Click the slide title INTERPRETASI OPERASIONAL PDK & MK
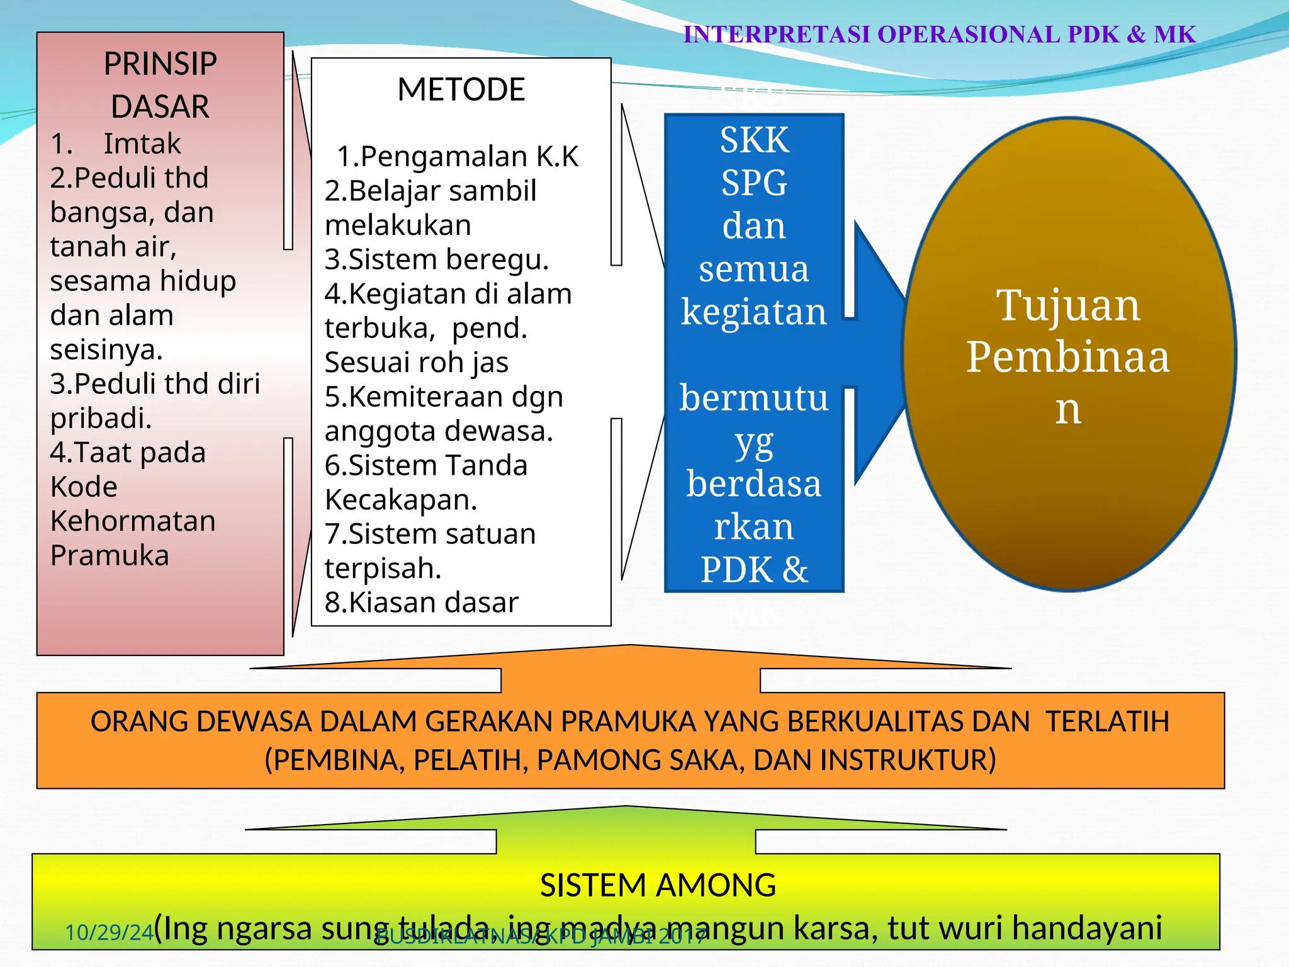click(x=939, y=35)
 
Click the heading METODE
click(x=461, y=89)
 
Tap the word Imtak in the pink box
click(x=142, y=144)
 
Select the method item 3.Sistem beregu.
click(x=437, y=259)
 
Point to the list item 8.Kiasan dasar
click(x=421, y=602)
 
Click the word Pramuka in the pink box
click(x=110, y=555)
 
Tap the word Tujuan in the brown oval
click(x=1067, y=305)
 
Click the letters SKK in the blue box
click(x=754, y=140)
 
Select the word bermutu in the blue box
click(x=754, y=398)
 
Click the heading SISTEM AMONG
click(x=658, y=885)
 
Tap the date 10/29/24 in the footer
click(x=109, y=932)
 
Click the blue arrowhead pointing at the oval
click(x=881, y=353)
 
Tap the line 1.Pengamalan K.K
click(x=458, y=156)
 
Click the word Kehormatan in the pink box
click(x=133, y=521)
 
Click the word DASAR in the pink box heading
click(x=160, y=106)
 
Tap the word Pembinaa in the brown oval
click(x=1067, y=357)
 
